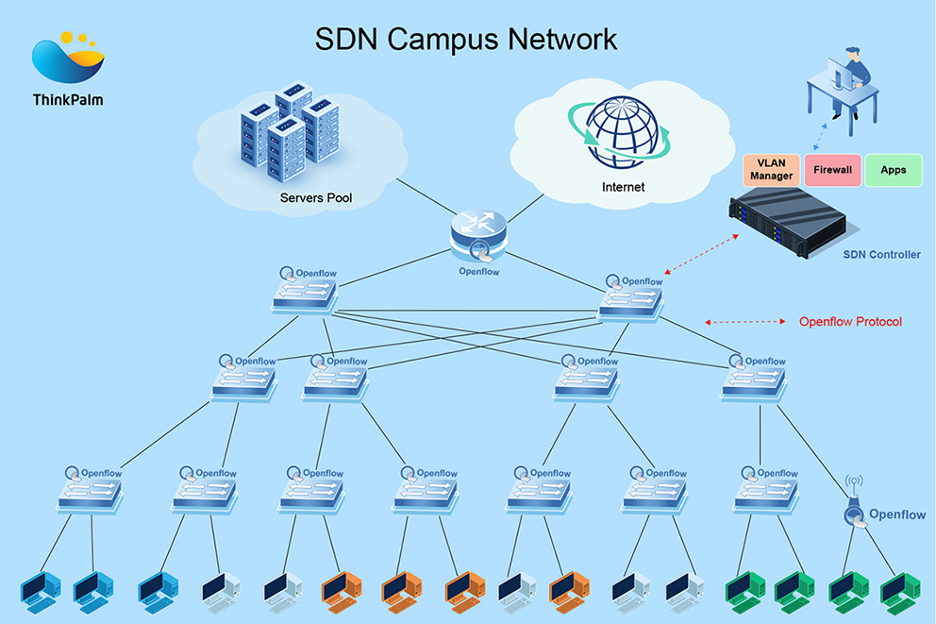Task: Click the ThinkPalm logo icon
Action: (67, 59)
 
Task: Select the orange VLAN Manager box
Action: (771, 170)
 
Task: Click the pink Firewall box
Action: (832, 170)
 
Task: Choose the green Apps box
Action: (893, 170)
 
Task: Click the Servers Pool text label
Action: (316, 198)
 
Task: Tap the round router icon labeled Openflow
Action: (478, 233)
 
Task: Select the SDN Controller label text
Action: (882, 255)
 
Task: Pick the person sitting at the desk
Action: (852, 71)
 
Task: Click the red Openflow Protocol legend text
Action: (850, 322)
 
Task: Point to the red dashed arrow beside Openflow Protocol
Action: (744, 322)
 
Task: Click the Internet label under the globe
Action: (623, 187)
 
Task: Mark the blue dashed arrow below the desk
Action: (821, 130)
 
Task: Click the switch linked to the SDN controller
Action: (631, 301)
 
